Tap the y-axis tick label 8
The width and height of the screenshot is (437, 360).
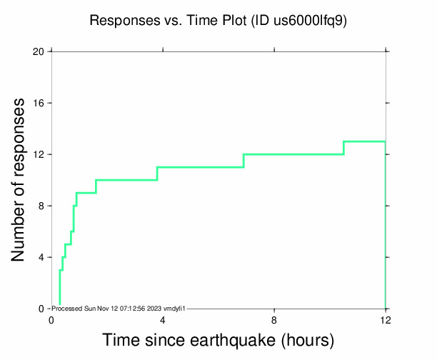41,206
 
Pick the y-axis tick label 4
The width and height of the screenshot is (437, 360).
41,257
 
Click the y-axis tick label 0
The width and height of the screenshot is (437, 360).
41,309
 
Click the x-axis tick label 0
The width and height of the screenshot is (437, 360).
51,319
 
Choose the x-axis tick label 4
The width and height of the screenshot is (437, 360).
163,319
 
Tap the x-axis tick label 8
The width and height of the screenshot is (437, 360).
274,319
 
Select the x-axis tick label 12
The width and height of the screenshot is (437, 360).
386,319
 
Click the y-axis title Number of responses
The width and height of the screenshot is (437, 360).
20,180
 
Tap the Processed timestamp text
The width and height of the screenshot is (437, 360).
119,308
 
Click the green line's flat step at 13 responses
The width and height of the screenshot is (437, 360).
364,141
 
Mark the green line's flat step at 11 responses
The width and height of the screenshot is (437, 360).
200,167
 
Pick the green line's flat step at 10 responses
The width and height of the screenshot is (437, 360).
126,180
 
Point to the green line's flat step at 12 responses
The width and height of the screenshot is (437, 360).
293,154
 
